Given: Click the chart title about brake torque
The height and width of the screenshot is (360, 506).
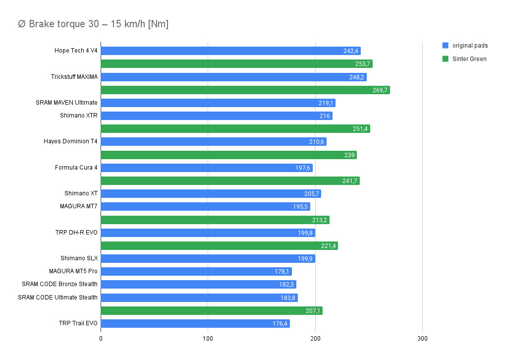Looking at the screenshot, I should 93,24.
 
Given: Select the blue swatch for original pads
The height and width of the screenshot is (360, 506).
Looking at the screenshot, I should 445,46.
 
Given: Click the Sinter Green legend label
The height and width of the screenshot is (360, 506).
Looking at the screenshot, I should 469,59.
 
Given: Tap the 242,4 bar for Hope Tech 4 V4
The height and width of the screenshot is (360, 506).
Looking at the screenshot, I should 230,51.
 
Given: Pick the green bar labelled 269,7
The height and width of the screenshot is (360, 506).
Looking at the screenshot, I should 245,90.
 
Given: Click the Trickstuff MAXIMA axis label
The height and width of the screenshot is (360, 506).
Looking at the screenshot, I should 74,77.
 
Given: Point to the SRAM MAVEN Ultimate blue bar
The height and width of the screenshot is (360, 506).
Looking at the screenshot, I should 218,103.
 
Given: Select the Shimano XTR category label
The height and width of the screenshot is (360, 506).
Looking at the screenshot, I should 79,116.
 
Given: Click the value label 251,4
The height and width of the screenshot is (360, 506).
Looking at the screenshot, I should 360,129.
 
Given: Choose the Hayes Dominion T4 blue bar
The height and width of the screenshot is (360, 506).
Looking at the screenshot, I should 214,142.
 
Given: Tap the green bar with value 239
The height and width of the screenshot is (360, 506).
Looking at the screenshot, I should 228,155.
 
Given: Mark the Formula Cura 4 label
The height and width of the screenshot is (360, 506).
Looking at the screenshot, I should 76,168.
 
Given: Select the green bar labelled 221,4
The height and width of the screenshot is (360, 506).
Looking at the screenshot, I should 219,245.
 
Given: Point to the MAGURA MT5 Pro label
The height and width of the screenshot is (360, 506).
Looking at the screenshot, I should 73,271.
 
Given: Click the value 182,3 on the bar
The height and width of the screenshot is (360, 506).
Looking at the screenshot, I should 287,285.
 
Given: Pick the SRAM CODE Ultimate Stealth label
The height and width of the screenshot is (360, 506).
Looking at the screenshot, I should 58,298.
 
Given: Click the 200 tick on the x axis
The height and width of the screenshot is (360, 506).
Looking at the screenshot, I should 315,338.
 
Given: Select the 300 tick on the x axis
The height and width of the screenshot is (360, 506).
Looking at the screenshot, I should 422,338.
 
